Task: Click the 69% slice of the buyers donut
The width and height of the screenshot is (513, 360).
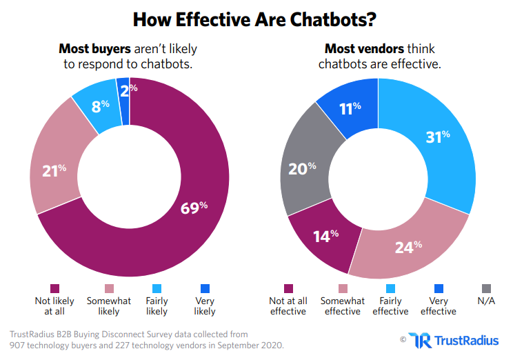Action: click(x=194, y=206)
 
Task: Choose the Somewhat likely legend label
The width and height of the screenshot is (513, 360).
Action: click(x=109, y=306)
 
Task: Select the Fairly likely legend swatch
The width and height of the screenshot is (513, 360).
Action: click(x=157, y=288)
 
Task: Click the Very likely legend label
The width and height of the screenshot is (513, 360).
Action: click(x=204, y=306)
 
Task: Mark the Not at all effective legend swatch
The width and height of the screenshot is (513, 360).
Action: click(x=288, y=288)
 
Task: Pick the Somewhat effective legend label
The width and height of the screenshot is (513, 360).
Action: click(x=343, y=306)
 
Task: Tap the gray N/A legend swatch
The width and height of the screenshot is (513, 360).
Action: click(x=486, y=288)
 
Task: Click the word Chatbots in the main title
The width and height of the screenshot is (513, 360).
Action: click(x=328, y=19)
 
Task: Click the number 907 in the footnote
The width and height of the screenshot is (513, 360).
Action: click(x=17, y=346)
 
